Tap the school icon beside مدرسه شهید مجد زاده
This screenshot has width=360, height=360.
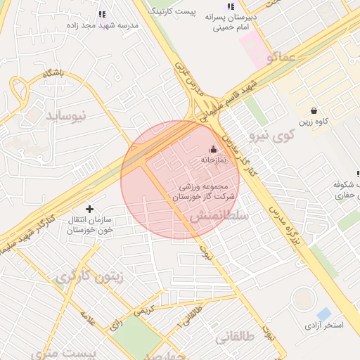[103, 14]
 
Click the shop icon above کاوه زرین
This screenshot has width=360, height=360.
[314, 110]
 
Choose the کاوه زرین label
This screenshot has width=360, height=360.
[314, 122]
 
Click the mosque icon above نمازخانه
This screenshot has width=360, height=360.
[214, 149]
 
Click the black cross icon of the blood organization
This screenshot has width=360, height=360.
[89, 209]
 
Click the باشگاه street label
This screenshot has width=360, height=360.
[53, 72]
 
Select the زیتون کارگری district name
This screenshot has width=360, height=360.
[88, 277]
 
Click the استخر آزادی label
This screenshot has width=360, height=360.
[322, 326]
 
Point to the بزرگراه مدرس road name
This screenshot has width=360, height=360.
[289, 228]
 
